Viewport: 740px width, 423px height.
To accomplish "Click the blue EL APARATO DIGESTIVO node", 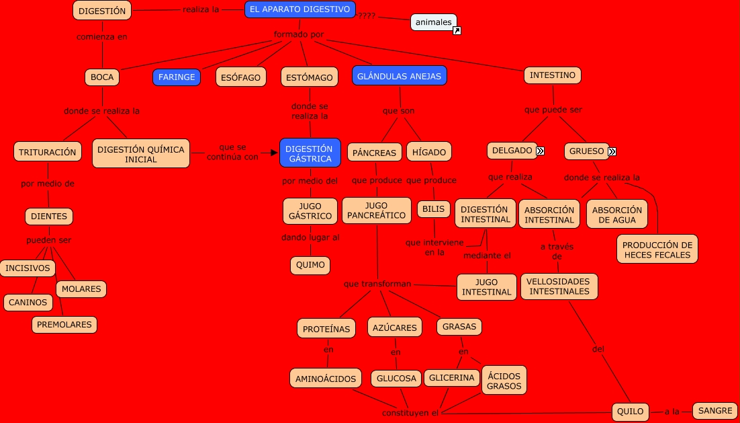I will point(299,9).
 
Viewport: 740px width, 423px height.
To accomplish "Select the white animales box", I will point(433,22).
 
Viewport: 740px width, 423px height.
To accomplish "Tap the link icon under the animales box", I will point(457,31).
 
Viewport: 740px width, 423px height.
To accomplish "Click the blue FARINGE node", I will point(177,77).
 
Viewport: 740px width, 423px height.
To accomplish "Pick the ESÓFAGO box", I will point(241,77).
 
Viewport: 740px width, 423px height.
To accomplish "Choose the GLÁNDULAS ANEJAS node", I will point(399,76).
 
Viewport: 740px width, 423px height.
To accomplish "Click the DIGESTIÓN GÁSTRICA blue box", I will point(310,153).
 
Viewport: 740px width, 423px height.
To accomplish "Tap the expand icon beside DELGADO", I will point(540,151).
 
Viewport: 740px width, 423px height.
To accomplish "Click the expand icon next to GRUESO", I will point(612,151).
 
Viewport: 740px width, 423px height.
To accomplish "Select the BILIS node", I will point(434,209).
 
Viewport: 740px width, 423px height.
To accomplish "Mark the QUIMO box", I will point(310,265).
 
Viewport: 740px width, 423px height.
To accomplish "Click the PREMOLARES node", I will point(64,325).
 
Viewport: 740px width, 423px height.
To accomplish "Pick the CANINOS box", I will point(28,303).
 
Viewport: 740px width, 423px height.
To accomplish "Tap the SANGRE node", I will point(714,410).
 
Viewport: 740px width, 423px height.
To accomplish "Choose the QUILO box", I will point(631,412).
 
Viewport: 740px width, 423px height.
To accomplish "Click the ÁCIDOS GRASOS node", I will point(504,381).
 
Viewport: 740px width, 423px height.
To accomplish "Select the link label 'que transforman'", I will point(377,284).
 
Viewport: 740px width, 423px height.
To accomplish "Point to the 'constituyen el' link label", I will point(410,412).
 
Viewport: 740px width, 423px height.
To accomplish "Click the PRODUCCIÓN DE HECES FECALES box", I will point(657,249).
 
